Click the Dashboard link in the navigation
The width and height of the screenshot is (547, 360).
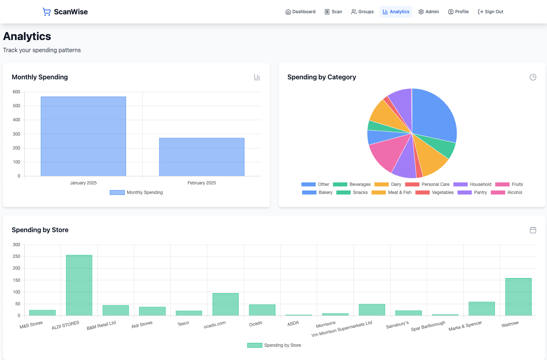tap(300, 12)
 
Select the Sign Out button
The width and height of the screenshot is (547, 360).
tap(490, 12)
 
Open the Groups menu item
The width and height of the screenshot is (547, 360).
tap(362, 12)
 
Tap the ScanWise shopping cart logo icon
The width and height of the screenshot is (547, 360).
tap(47, 12)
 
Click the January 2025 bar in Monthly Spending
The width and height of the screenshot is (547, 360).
tap(83, 136)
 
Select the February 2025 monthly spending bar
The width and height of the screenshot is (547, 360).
tap(202, 157)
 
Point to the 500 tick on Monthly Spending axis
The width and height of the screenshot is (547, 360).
tap(17, 106)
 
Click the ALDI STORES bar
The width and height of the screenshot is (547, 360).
tap(79, 285)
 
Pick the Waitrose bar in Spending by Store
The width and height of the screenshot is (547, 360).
tap(518, 297)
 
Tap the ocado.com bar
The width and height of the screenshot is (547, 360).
tap(225, 304)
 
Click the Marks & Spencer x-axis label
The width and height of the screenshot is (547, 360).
tap(465, 326)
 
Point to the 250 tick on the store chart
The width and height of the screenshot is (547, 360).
tap(17, 256)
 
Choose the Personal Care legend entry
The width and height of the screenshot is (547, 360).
tap(428, 184)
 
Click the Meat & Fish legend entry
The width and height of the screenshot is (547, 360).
tap(392, 192)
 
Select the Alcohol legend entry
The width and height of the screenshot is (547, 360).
tap(507, 192)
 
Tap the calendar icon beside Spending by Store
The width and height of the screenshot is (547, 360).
tap(533, 230)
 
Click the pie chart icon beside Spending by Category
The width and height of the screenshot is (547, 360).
tap(533, 77)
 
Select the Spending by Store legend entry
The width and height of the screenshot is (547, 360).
tap(274, 345)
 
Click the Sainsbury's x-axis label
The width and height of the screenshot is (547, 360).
tap(397, 325)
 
